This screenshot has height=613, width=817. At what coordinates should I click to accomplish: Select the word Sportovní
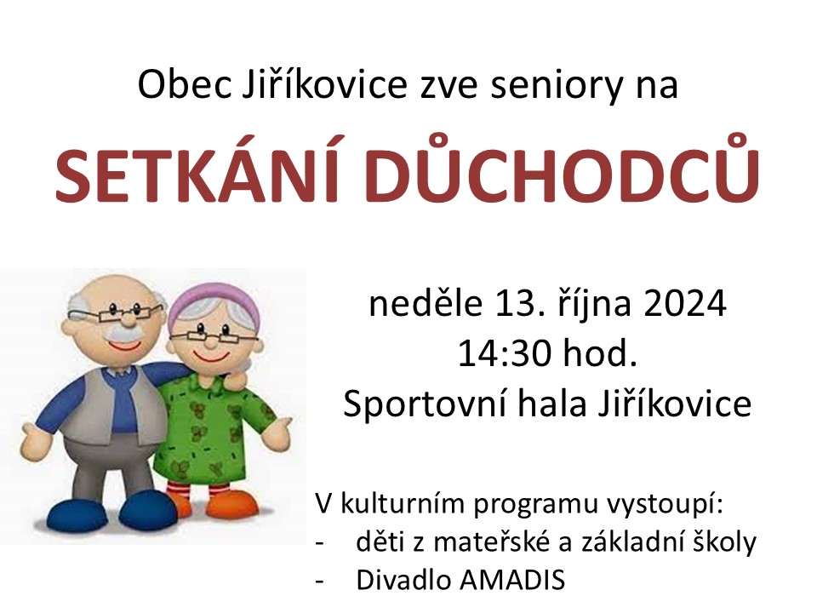coord(425,404)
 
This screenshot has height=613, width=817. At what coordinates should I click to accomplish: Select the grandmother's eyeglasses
coord(214,337)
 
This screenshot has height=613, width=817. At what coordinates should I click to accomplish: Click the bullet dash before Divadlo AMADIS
coord(319,581)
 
